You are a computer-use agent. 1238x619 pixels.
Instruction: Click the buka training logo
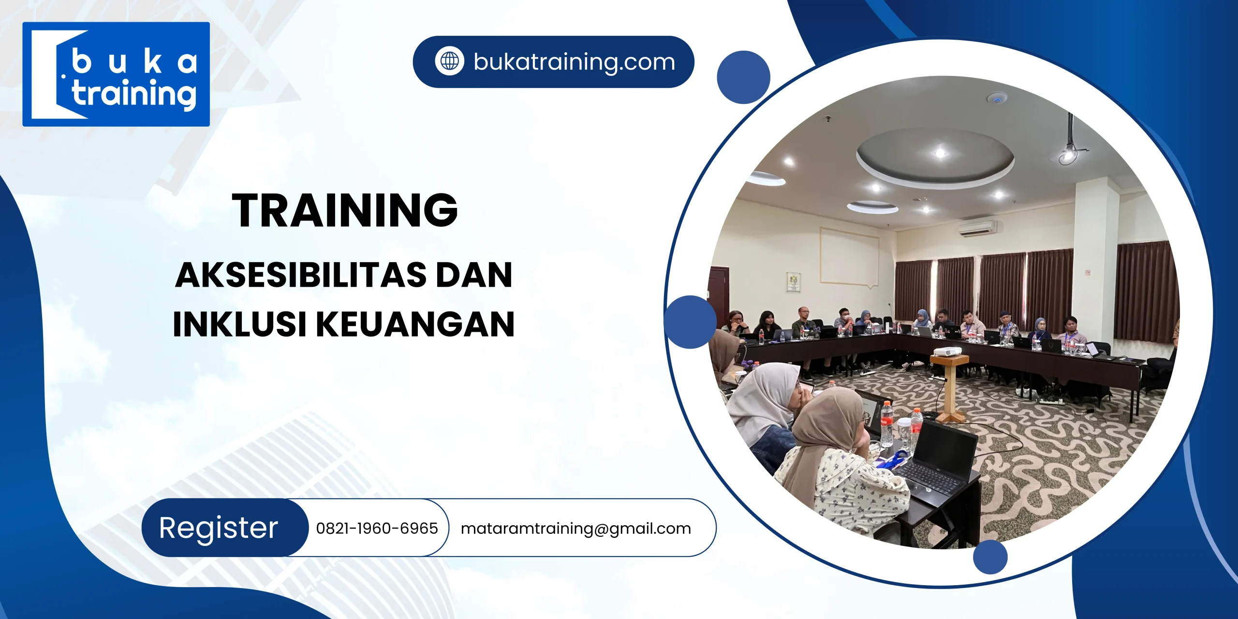[116, 74]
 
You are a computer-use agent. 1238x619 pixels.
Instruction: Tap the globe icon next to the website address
[449, 61]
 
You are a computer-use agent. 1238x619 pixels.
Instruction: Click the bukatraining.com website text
[574, 62]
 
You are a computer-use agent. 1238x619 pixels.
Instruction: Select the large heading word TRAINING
[344, 210]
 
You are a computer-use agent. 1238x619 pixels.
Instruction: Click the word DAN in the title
[474, 275]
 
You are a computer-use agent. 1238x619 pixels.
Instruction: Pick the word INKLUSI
[239, 324]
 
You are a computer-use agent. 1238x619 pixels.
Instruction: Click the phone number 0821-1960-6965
[377, 528]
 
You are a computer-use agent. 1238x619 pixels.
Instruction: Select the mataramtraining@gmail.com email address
[575, 529]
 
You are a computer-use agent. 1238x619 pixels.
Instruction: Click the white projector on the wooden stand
[947, 351]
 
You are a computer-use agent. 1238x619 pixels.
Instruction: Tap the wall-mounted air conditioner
[977, 228]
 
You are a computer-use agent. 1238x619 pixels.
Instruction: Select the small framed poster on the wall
[794, 282]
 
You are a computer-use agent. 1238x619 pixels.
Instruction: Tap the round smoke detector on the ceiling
[997, 99]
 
